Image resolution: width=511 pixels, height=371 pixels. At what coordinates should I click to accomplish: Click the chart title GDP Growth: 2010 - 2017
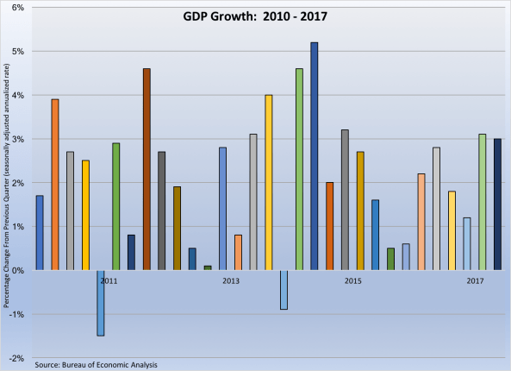[x=255, y=16]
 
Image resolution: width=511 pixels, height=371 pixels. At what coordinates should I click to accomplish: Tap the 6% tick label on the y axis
[x=18, y=7]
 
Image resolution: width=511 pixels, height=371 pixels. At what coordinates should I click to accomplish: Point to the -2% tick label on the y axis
[x=17, y=358]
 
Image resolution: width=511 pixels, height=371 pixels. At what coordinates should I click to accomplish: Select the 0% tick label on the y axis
[x=18, y=270]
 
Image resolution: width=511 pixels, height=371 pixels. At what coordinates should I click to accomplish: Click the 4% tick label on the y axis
[x=18, y=95]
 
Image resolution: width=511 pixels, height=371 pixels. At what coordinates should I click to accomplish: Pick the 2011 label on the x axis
[x=109, y=281]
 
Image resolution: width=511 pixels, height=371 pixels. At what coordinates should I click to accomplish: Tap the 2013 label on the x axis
[x=231, y=281]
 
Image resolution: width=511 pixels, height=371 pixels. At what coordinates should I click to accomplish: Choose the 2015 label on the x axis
[x=353, y=281]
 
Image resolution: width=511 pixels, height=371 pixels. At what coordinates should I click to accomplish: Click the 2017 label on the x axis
[x=475, y=281]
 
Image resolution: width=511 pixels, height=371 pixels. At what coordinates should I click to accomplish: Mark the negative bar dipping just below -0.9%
[x=284, y=289]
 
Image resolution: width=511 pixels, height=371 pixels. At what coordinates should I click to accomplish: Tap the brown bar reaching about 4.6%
[x=146, y=169]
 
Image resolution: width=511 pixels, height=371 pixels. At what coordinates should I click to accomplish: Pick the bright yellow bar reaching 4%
[x=269, y=182]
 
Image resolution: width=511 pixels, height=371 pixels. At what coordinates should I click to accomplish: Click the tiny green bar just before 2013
[x=208, y=267]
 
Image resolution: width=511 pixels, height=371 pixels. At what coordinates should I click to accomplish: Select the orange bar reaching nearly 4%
[x=55, y=185]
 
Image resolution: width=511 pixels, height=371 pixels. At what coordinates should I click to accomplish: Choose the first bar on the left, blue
[x=40, y=233]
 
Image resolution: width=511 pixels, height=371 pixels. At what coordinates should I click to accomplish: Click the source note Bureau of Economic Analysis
[x=97, y=365]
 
